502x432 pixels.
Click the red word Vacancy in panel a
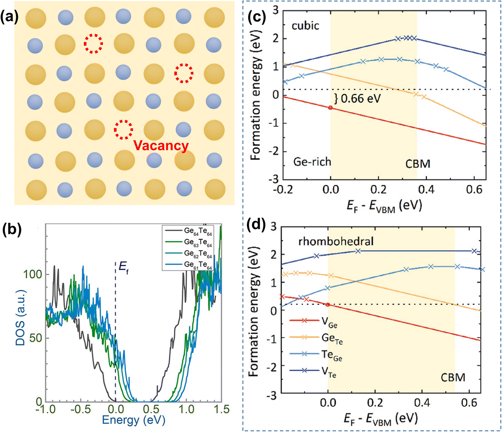161,146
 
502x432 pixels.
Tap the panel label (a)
10,18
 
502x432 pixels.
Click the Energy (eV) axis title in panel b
134,421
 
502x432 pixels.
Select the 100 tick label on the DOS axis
34,274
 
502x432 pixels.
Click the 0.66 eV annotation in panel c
357,99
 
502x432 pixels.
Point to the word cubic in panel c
305,26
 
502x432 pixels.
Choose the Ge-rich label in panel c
312,161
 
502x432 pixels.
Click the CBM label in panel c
418,164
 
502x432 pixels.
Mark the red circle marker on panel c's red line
330,108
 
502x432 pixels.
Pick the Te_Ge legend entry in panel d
316,355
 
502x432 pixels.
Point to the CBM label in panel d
453,378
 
